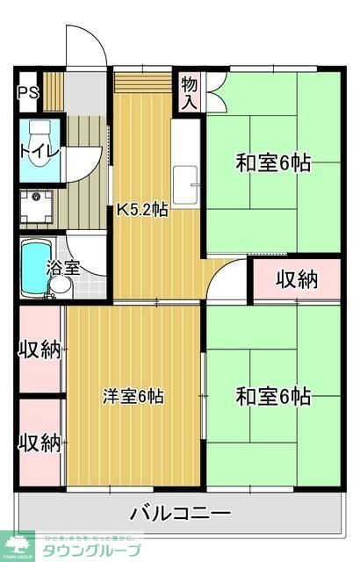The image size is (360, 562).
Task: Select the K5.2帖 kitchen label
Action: click(142, 209)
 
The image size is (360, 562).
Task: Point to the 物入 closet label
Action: click(189, 92)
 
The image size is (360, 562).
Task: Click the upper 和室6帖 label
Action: click(272, 163)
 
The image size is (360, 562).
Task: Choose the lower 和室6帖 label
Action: click(272, 395)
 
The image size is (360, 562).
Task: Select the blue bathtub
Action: click(34, 264)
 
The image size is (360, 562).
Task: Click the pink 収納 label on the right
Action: click(297, 280)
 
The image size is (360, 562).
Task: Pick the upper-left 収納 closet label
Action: click(40, 349)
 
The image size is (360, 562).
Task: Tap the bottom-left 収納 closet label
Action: click(40, 442)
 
